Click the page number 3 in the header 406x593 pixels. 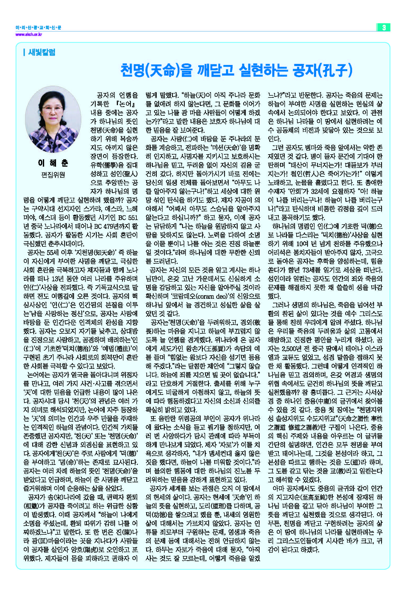click(x=384, y=27)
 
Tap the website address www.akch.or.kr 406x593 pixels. click(x=29, y=34)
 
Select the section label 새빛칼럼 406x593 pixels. click(x=41, y=52)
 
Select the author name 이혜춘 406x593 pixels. click(x=53, y=163)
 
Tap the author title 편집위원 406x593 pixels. click(x=53, y=175)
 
